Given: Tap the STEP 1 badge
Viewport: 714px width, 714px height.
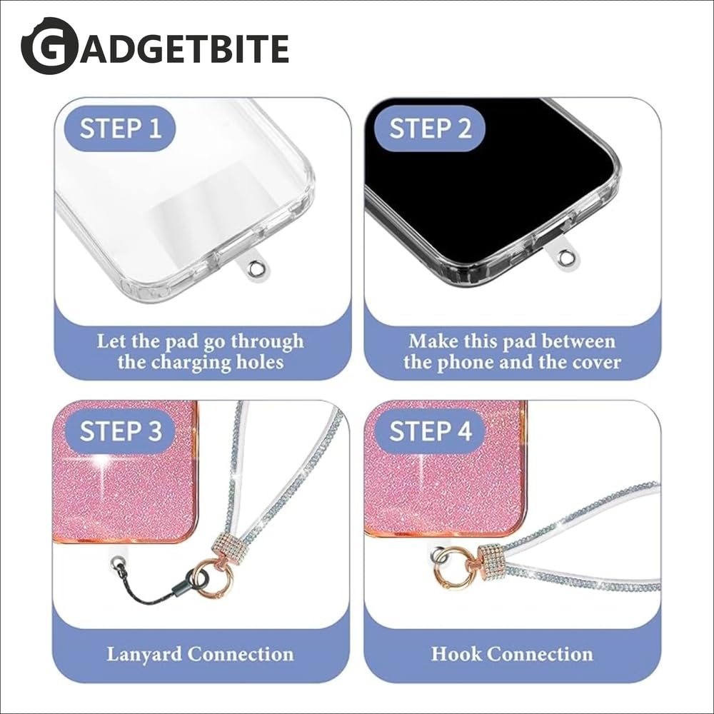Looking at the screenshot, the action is click(x=120, y=128).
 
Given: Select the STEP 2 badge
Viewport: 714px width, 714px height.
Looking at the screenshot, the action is click(x=429, y=128).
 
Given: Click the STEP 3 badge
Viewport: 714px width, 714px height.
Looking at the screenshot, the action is click(x=120, y=431).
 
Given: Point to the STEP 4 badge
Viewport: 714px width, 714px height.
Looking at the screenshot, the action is click(x=429, y=431).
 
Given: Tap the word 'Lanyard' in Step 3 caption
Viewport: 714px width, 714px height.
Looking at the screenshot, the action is click(x=144, y=654).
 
